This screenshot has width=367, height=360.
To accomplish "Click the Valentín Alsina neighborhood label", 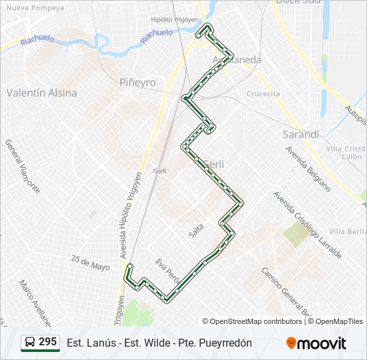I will pos(41,93).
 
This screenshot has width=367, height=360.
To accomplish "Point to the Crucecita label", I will pos(263,94).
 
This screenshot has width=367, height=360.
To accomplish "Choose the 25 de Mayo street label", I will pos(90,262).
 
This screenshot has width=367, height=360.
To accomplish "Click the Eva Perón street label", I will pos(168,269).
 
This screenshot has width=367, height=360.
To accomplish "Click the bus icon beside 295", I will pos(30,343).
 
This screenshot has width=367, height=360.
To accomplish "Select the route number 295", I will pos(48,342).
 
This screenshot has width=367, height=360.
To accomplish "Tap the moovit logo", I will pos(316,343).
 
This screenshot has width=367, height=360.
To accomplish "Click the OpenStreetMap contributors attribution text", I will pos(252,321).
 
